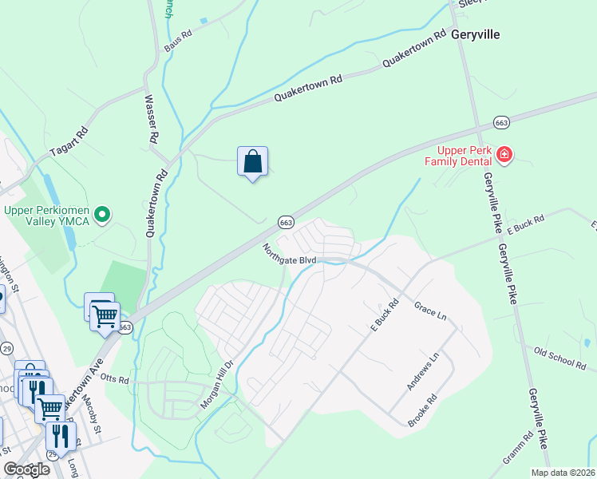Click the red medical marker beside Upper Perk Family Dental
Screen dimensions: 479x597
click(504, 155)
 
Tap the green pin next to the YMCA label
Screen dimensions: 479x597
click(102, 214)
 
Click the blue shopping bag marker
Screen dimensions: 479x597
click(252, 162)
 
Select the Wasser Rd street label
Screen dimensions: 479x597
click(149, 120)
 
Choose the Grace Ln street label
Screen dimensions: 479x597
click(430, 310)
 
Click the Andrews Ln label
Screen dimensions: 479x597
click(422, 372)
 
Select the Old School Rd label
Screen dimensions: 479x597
click(559, 358)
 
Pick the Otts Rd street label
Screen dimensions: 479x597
click(115, 380)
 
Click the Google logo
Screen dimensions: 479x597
click(27, 469)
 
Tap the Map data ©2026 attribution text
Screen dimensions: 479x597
click(563, 473)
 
